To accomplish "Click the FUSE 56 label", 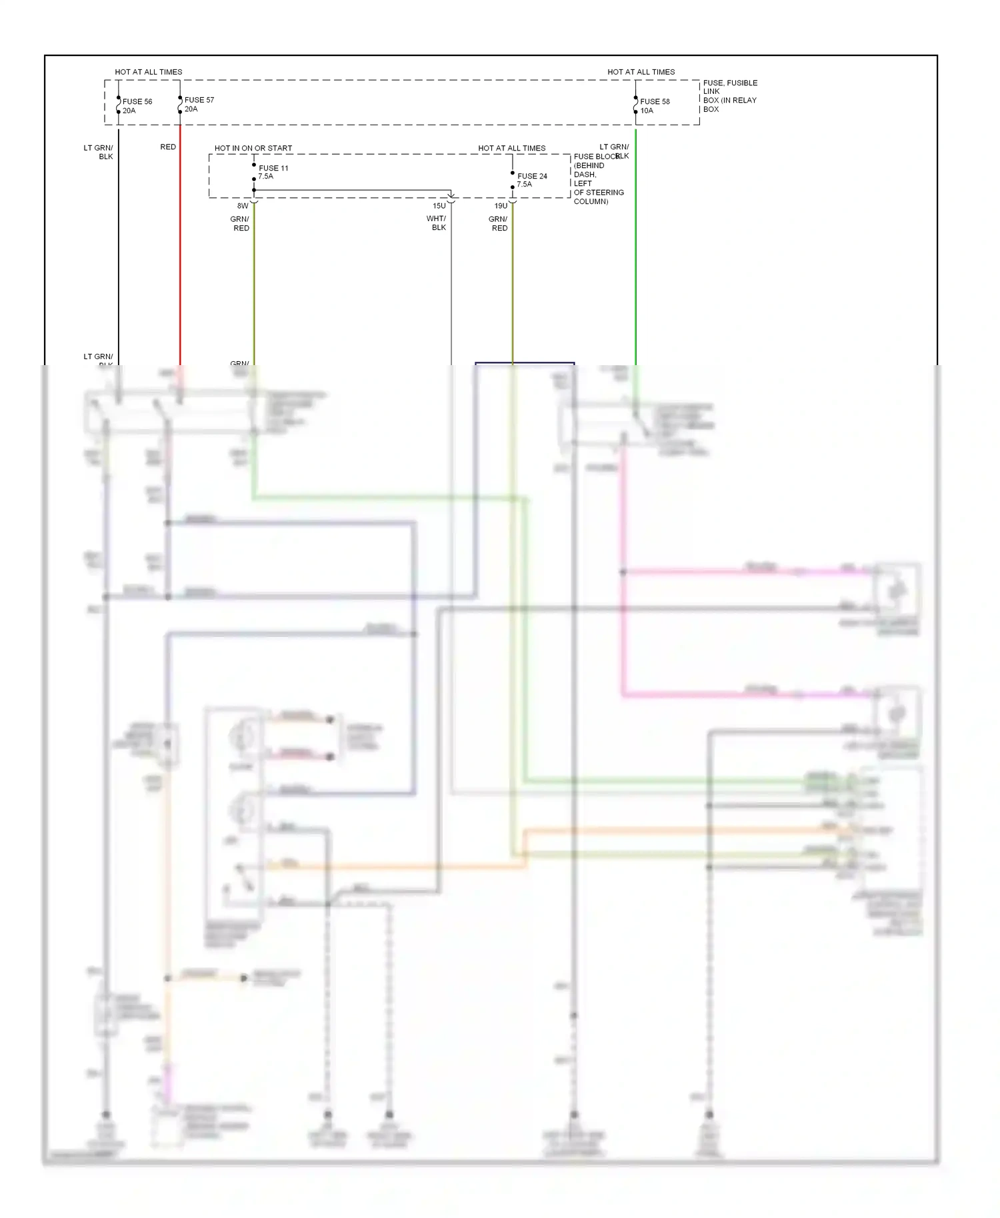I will pyautogui.click(x=137, y=102).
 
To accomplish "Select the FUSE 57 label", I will pyautogui.click(x=199, y=100).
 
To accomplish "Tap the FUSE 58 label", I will pyautogui.click(x=655, y=102).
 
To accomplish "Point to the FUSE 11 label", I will pyautogui.click(x=273, y=169).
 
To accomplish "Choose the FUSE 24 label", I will pyautogui.click(x=532, y=177).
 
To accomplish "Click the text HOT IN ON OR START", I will pyautogui.click(x=253, y=149).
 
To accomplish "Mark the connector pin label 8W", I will pyautogui.click(x=243, y=207).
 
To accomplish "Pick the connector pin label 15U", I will pyautogui.click(x=439, y=207).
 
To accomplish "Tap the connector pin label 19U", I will pyautogui.click(x=501, y=207).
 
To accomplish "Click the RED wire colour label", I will pyautogui.click(x=168, y=147).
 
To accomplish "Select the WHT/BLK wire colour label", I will pyautogui.click(x=437, y=223).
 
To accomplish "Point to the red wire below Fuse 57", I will pyautogui.click(x=180, y=253).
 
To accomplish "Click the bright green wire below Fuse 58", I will pyautogui.click(x=636, y=253).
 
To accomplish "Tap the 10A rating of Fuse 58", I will pyautogui.click(x=647, y=111).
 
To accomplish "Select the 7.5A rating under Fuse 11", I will pyautogui.click(x=266, y=177).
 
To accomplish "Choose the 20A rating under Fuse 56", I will pyautogui.click(x=129, y=111).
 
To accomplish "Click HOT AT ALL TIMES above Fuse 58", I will pyautogui.click(x=641, y=72).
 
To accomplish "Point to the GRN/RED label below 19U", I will pyautogui.click(x=499, y=224).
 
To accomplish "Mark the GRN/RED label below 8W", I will pyautogui.click(x=240, y=224).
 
